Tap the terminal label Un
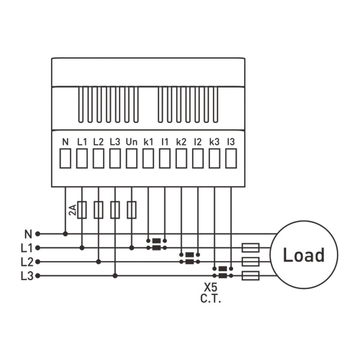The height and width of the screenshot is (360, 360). click(x=131, y=142)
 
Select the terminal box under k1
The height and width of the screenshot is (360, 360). click(x=148, y=158)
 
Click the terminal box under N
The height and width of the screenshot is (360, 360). click(x=65, y=158)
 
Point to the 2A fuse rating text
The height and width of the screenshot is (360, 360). click(x=72, y=210)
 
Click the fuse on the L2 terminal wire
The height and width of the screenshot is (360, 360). click(x=99, y=210)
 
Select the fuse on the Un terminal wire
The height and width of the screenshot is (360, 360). click(x=131, y=210)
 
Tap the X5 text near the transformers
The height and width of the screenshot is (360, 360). click(x=210, y=287)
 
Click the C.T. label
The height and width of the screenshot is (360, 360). click(x=211, y=298)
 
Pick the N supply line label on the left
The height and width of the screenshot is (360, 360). click(x=28, y=234)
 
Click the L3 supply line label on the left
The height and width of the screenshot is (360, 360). click(x=27, y=276)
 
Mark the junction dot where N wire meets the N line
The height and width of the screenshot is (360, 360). click(x=65, y=234)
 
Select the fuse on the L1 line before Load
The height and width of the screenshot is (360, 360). click(x=251, y=248)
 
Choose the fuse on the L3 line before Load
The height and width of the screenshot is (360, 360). click(x=251, y=275)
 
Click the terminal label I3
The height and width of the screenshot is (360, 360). click(x=231, y=142)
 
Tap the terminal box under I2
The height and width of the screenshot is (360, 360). click(x=198, y=158)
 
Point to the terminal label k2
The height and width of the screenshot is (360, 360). click(x=181, y=142)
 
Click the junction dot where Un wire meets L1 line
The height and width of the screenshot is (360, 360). click(x=131, y=248)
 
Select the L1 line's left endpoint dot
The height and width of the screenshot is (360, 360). click(x=38, y=248)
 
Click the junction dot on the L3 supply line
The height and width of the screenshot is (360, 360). click(x=115, y=275)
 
